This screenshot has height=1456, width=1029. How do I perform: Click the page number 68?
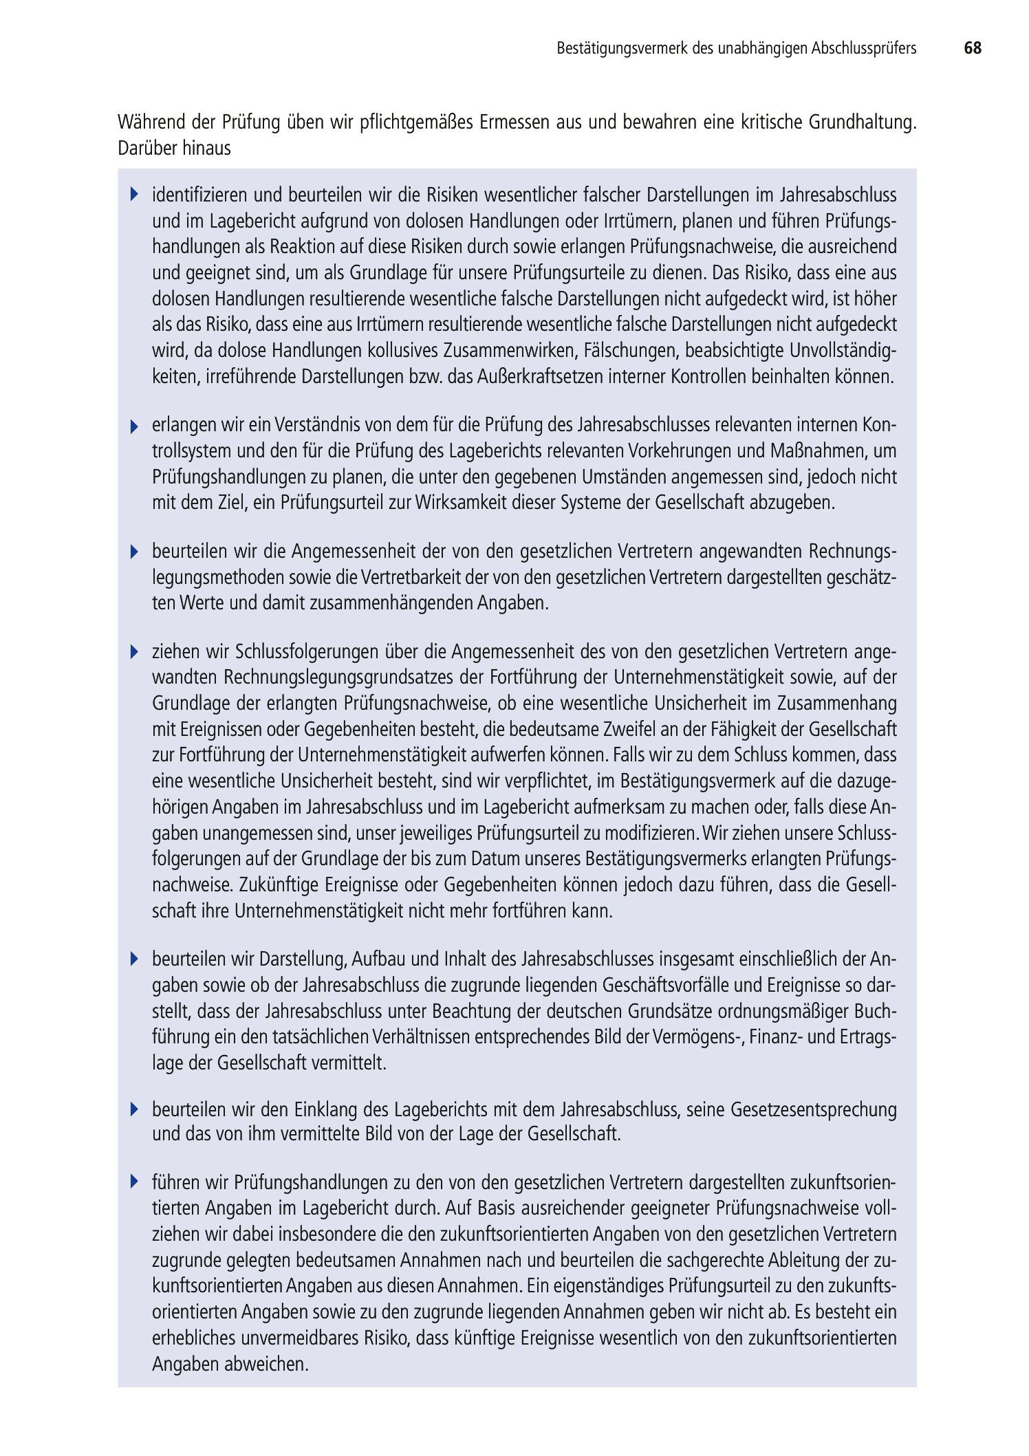point(973,48)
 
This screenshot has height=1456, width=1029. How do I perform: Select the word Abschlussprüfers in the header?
point(863,48)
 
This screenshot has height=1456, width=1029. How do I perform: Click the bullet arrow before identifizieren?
point(135,195)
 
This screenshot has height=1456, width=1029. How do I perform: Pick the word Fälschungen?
point(629,351)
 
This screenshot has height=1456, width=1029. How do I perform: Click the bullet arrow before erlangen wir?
point(135,426)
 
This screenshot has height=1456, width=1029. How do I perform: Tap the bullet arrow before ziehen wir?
point(135,651)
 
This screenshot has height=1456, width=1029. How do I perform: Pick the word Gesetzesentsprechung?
point(814,1109)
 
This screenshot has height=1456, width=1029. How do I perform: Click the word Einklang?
point(326,1109)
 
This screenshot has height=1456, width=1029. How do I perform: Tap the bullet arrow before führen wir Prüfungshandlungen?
point(135,1182)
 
